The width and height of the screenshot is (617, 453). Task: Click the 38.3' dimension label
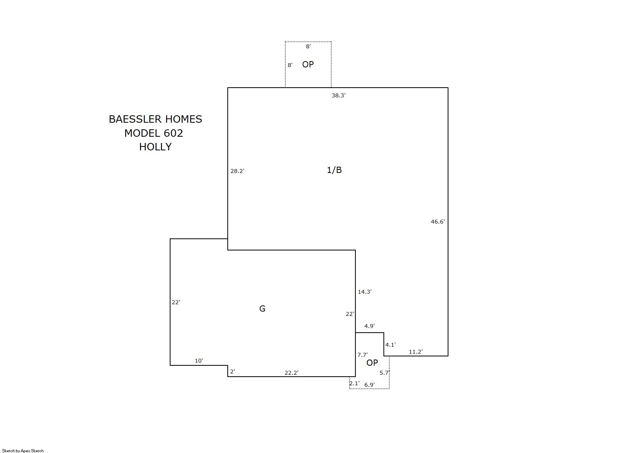tap(339, 95)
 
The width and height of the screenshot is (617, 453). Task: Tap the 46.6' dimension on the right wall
tap(438, 222)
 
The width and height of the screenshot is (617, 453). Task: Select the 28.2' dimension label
tap(237, 171)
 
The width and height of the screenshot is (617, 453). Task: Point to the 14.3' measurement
tap(365, 291)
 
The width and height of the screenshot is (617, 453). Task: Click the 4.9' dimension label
tap(369, 326)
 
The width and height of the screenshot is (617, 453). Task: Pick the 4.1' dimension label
tap(390, 344)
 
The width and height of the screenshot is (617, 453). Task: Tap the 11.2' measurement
tap(416, 352)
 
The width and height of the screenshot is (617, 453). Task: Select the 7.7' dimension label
tap(362, 354)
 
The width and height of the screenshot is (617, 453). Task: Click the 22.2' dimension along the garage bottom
tap(292, 372)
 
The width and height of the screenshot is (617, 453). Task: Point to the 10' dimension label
tap(199, 360)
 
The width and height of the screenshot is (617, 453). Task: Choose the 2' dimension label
tap(232, 372)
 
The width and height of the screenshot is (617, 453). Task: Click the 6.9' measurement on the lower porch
tap(369, 385)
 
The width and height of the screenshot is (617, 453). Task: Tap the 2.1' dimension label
tap(355, 383)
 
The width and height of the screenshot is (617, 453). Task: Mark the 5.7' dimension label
tap(384, 372)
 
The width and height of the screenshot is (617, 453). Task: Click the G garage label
tap(262, 308)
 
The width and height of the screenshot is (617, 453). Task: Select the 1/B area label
tap(334, 170)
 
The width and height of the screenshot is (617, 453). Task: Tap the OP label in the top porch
tap(308, 64)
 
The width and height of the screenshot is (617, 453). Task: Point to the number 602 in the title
tap(173, 133)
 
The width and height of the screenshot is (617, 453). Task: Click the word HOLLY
tap(155, 146)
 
